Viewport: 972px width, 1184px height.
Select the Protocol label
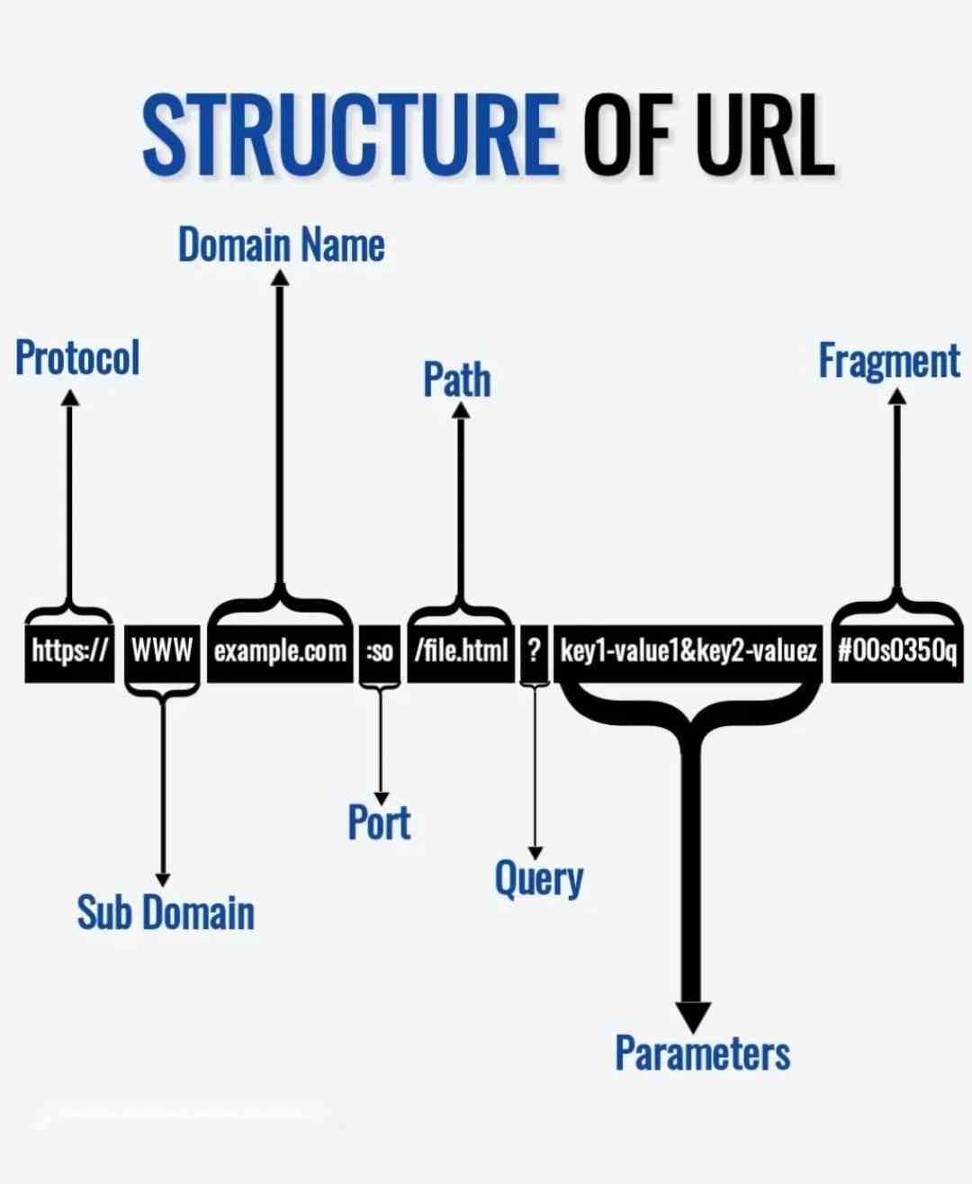77,357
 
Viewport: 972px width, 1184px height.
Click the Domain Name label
281,245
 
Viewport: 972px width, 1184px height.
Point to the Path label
457,379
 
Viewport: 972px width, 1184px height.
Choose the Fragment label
889,361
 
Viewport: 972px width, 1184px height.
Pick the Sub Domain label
166,912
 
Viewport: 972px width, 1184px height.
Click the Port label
379,822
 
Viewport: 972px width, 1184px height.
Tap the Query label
538,878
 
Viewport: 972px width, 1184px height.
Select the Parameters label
702,1053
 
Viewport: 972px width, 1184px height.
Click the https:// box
69,650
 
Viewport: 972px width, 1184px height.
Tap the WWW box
162,650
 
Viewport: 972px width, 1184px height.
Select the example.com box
280,650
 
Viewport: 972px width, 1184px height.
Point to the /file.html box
461,650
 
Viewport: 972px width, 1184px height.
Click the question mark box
535,650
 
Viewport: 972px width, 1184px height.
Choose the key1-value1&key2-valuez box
688,650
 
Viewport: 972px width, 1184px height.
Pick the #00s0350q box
896,650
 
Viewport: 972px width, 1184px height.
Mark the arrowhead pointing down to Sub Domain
163,879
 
